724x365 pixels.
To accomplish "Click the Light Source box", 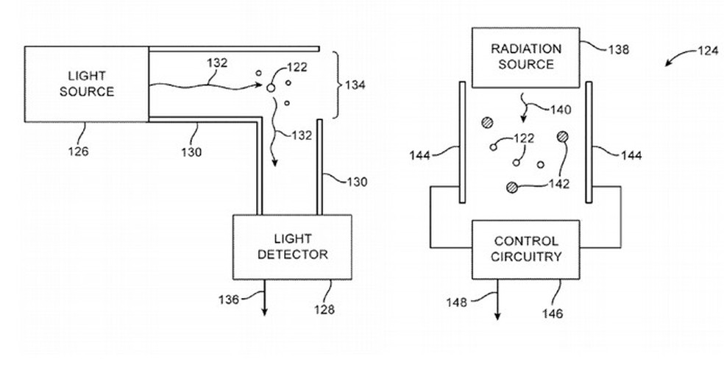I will coord(87,83).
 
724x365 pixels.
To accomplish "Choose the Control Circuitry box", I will coord(527,249).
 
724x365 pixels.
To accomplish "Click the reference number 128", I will coord(323,309).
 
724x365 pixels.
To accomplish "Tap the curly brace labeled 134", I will coord(336,85).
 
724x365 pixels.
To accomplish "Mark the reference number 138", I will coord(619,51).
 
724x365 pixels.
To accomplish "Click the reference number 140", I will coord(562,110).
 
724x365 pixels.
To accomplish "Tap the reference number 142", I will coord(559,184).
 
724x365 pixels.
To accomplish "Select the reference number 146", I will coord(553,313).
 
